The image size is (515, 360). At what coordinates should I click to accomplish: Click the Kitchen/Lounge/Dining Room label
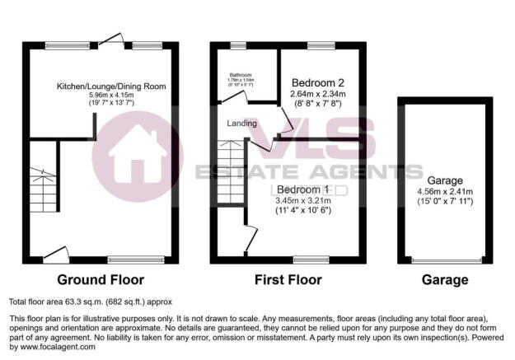point(111,86)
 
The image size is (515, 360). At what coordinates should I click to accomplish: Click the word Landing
point(243,124)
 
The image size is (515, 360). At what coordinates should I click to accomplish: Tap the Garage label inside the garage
point(445,180)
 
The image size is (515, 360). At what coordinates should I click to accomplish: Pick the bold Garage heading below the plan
point(445,279)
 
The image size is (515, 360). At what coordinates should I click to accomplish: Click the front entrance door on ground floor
point(56,254)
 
